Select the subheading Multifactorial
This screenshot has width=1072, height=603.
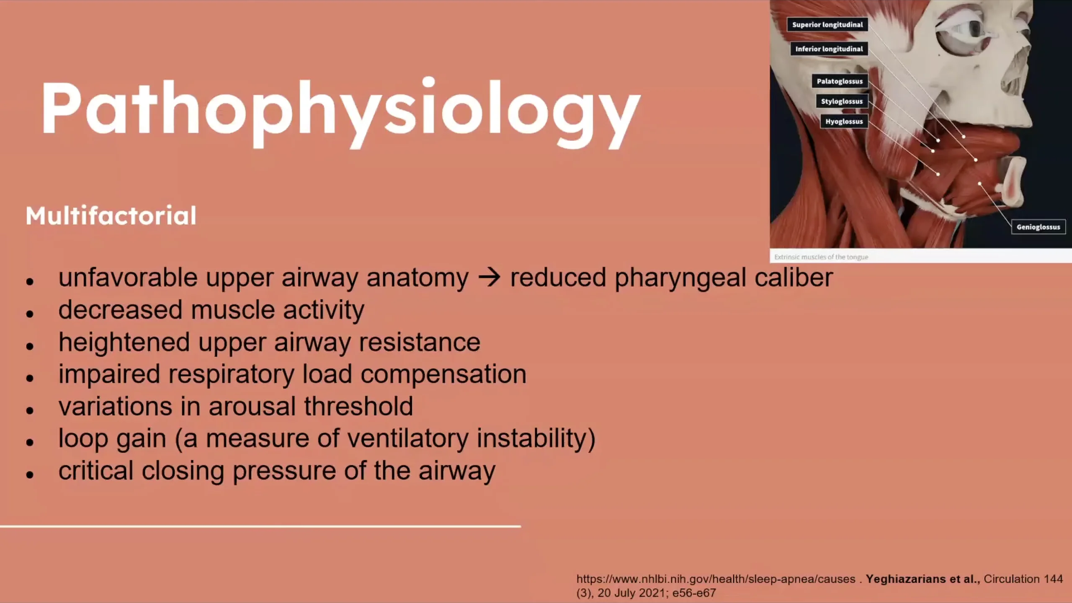(111, 216)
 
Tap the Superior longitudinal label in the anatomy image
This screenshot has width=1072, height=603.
(827, 25)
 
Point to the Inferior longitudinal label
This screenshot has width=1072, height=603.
(829, 49)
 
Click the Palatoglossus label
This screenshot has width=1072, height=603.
(840, 81)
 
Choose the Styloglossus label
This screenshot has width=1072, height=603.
(842, 101)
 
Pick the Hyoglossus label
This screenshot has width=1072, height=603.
(844, 121)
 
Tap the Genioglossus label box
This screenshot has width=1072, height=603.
(1038, 227)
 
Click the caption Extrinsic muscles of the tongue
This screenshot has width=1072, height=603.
(821, 257)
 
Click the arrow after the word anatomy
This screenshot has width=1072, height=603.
(489, 277)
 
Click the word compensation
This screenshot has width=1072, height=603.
(443, 374)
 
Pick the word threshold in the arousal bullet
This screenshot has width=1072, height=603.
(358, 406)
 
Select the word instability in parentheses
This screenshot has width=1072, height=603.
(531, 438)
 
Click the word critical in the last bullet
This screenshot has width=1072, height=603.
(96, 471)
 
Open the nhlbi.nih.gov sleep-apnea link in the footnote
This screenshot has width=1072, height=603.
(716, 579)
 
